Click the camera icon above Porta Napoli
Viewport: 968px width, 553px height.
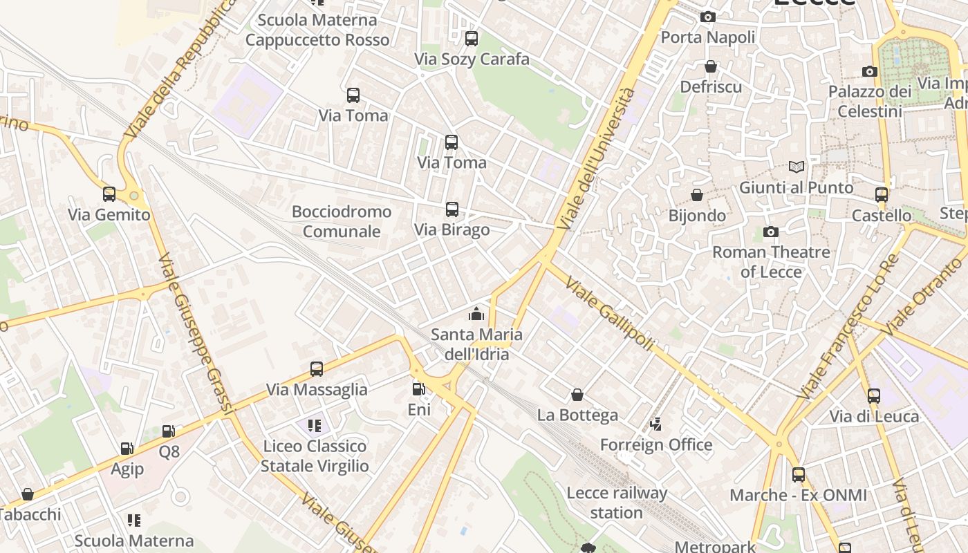[707, 17]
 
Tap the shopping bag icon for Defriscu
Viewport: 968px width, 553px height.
[710, 66]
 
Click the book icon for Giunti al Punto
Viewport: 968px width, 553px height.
[797, 167]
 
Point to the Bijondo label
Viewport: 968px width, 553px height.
[697, 216]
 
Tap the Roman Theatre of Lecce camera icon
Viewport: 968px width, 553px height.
[770, 232]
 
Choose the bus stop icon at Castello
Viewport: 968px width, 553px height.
[881, 195]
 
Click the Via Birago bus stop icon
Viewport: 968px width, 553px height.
[452, 209]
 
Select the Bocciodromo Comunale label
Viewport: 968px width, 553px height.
[342, 221]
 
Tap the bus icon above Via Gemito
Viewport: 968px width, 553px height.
[109, 194]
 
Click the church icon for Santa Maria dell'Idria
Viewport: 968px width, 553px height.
[476, 315]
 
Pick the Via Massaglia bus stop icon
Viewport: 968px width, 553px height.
[316, 368]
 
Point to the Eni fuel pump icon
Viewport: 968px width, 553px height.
[418, 389]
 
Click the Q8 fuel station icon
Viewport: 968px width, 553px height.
[168, 431]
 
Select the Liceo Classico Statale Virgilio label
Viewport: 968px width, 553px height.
[315, 456]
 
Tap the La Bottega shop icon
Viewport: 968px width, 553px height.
[577, 395]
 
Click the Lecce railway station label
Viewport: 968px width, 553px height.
[616, 503]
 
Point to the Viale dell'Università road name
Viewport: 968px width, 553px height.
[595, 160]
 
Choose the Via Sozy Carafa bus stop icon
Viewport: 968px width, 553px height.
[471, 39]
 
